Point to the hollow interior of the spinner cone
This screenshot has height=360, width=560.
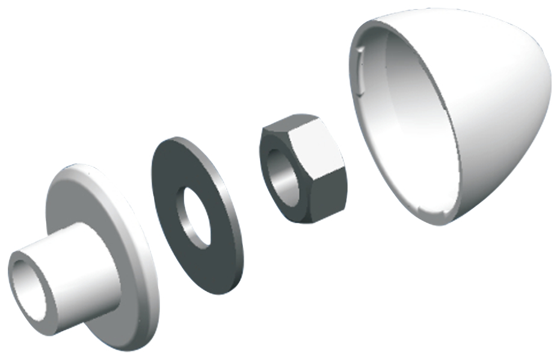click(x=403, y=120)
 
